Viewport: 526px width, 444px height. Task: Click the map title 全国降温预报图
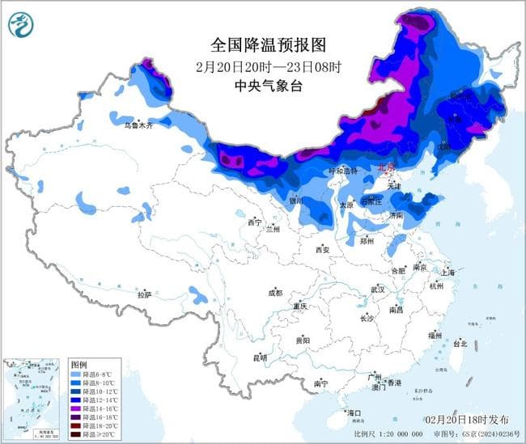(x=261, y=44)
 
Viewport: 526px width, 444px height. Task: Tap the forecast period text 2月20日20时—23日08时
(x=261, y=66)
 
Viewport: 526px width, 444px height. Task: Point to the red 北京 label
(x=388, y=167)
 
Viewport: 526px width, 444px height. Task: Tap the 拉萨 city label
(x=145, y=295)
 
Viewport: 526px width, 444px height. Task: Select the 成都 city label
(x=275, y=293)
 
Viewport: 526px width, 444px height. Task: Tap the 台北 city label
(x=460, y=343)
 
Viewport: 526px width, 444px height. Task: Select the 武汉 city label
(x=378, y=289)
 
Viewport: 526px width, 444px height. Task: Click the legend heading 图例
(x=78, y=366)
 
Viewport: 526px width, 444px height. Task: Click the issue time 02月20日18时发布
(x=467, y=420)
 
